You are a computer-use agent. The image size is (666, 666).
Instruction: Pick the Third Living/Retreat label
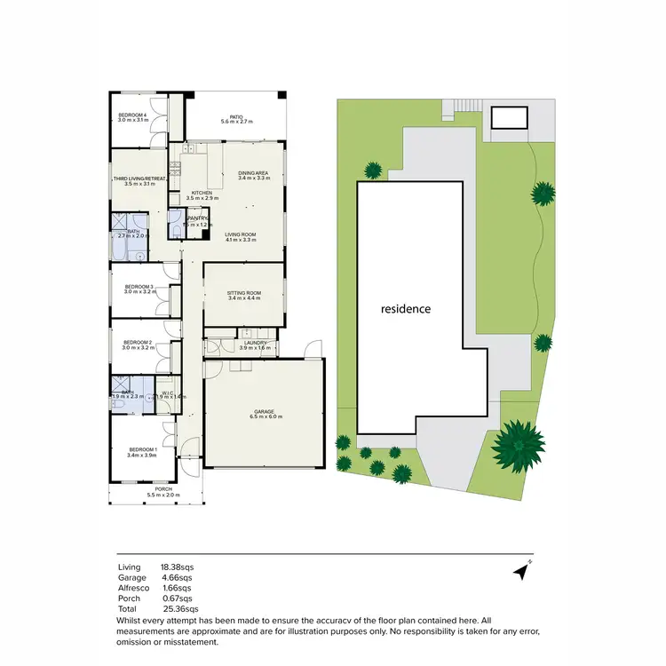(x=134, y=181)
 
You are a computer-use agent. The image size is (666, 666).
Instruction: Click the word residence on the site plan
(x=406, y=309)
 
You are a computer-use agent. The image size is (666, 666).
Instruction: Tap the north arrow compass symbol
(x=521, y=571)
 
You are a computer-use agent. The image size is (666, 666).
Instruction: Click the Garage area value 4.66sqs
(x=176, y=577)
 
